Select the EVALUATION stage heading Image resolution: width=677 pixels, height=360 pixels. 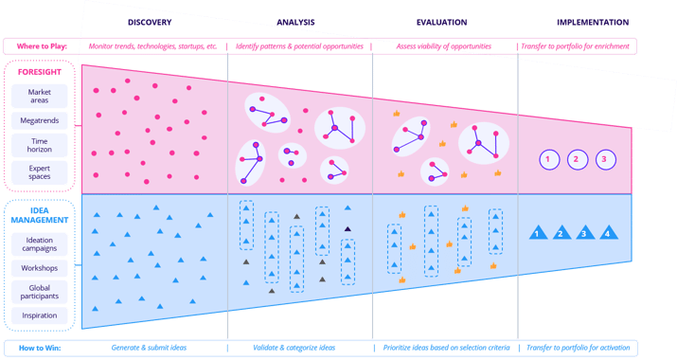tap(441, 22)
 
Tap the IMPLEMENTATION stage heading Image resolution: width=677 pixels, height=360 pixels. tap(593, 22)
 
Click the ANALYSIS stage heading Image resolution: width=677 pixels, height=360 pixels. tap(296, 22)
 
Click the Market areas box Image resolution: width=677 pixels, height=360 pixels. tap(39, 96)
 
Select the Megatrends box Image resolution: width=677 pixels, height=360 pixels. tap(39, 121)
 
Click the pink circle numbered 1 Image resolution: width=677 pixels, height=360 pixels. tap(547, 159)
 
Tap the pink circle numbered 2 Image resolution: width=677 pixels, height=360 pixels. tap(577, 159)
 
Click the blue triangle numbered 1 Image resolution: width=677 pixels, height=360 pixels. tap(537, 231)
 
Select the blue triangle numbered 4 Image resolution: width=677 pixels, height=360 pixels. tap(607, 231)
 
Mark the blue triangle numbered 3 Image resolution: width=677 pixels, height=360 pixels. tap(584, 231)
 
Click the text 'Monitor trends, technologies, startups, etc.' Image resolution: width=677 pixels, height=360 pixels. tap(153, 45)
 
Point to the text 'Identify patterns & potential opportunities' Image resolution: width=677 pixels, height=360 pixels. tap(300, 45)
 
